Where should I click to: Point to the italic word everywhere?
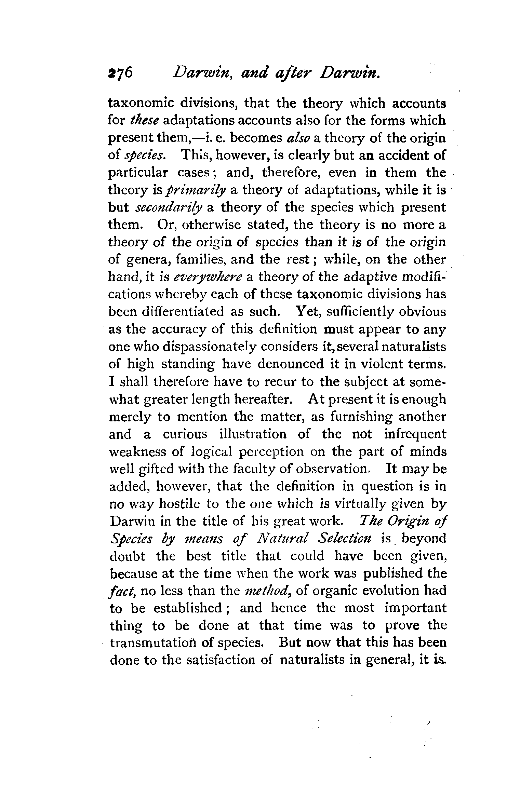(x=208, y=278)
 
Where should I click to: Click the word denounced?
(x=290, y=364)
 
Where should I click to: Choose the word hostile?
(x=176, y=504)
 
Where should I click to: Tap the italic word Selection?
(x=344, y=539)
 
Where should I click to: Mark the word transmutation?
(x=152, y=643)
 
